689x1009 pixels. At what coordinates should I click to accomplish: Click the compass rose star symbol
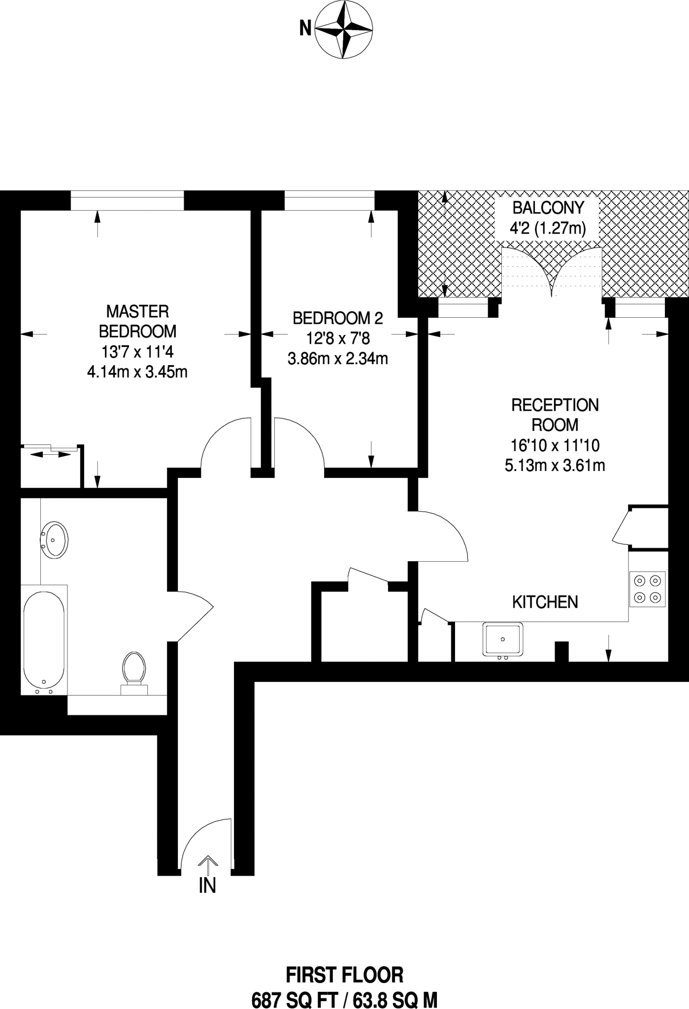pos(343,29)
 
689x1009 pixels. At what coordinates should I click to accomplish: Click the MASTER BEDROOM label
pos(137,321)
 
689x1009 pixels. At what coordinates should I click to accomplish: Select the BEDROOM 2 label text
pos(337,318)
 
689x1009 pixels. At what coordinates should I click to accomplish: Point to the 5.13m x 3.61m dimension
pos(555,465)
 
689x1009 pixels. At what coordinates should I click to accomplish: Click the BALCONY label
pos(548,208)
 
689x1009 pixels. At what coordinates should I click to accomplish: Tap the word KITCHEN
pos(545,602)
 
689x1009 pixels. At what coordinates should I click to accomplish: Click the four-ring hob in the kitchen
pos(647,588)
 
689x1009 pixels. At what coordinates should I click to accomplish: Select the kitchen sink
pos(502,639)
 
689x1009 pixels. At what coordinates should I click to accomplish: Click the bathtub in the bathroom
pos(44,640)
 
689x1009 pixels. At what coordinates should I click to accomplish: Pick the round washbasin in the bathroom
pos(55,540)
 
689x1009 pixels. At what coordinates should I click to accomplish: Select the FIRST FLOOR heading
pos(344,975)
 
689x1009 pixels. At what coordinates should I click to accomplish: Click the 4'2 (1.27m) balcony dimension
pos(548,229)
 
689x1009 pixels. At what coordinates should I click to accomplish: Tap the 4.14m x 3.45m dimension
pos(137,371)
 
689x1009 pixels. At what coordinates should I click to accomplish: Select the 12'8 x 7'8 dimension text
pos(337,338)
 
